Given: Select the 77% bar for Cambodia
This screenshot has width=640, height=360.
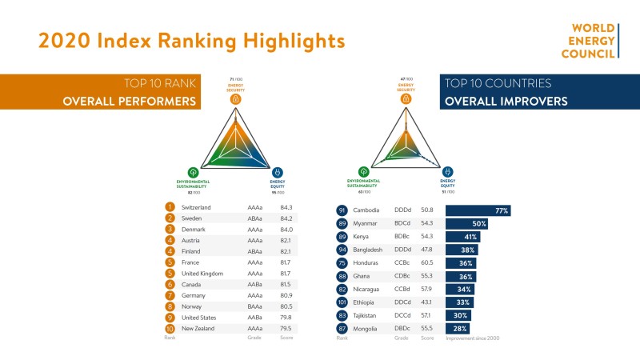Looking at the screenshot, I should pos(478,210).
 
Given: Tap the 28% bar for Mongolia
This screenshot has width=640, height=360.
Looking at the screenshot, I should pos(457,329).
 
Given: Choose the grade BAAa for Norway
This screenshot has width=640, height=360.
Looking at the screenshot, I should pos(255,306).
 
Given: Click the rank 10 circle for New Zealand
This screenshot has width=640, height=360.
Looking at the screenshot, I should pos(170,328).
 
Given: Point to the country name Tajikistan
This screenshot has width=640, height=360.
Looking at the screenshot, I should pos(370,316).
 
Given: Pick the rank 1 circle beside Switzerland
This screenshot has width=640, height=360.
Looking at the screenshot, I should pos(170,207).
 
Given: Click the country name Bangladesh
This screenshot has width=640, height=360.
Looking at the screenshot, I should pos(372,250).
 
